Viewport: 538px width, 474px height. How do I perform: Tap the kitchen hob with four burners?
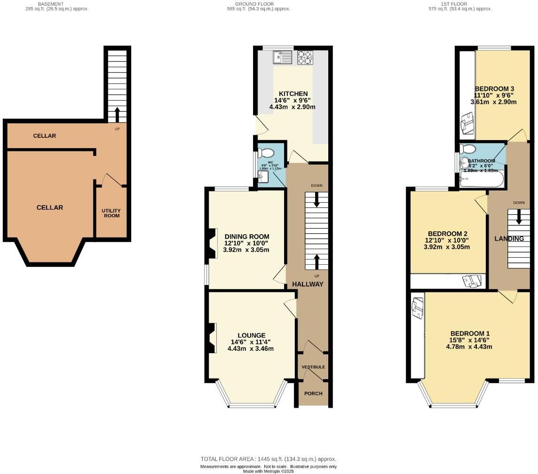click(305, 57)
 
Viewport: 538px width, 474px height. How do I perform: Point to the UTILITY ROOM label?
click(111, 213)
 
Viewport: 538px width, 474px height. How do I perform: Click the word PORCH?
click(313, 393)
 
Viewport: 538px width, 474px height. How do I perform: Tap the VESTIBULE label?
click(313, 367)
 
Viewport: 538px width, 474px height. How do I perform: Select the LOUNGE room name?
click(251, 335)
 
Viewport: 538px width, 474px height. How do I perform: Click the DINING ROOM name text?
click(246, 237)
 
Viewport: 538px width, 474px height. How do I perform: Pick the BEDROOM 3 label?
click(494, 89)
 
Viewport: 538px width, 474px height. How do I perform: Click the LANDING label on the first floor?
click(509, 239)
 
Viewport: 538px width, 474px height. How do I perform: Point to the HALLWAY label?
click(308, 284)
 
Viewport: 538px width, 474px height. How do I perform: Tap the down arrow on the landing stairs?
click(519, 217)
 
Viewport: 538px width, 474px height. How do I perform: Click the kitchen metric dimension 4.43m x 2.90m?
click(292, 107)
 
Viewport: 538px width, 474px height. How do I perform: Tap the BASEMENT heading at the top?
click(50, 4)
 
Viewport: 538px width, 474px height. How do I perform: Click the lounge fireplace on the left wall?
click(212, 338)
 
